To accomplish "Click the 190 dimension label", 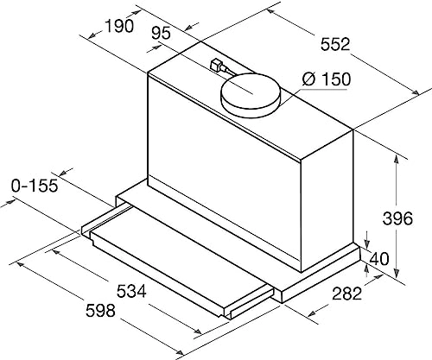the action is click(119, 26).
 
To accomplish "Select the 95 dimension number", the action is click(161, 33).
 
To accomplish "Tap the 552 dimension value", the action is click(335, 44).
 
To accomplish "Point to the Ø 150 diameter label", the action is click(327, 79).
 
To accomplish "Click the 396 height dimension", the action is click(397, 218).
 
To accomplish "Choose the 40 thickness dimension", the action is click(378, 258).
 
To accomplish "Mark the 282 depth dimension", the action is click(346, 294).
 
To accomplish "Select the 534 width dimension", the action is click(131, 291).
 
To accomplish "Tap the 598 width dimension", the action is click(100, 311).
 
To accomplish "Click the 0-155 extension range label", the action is click(35, 186).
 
